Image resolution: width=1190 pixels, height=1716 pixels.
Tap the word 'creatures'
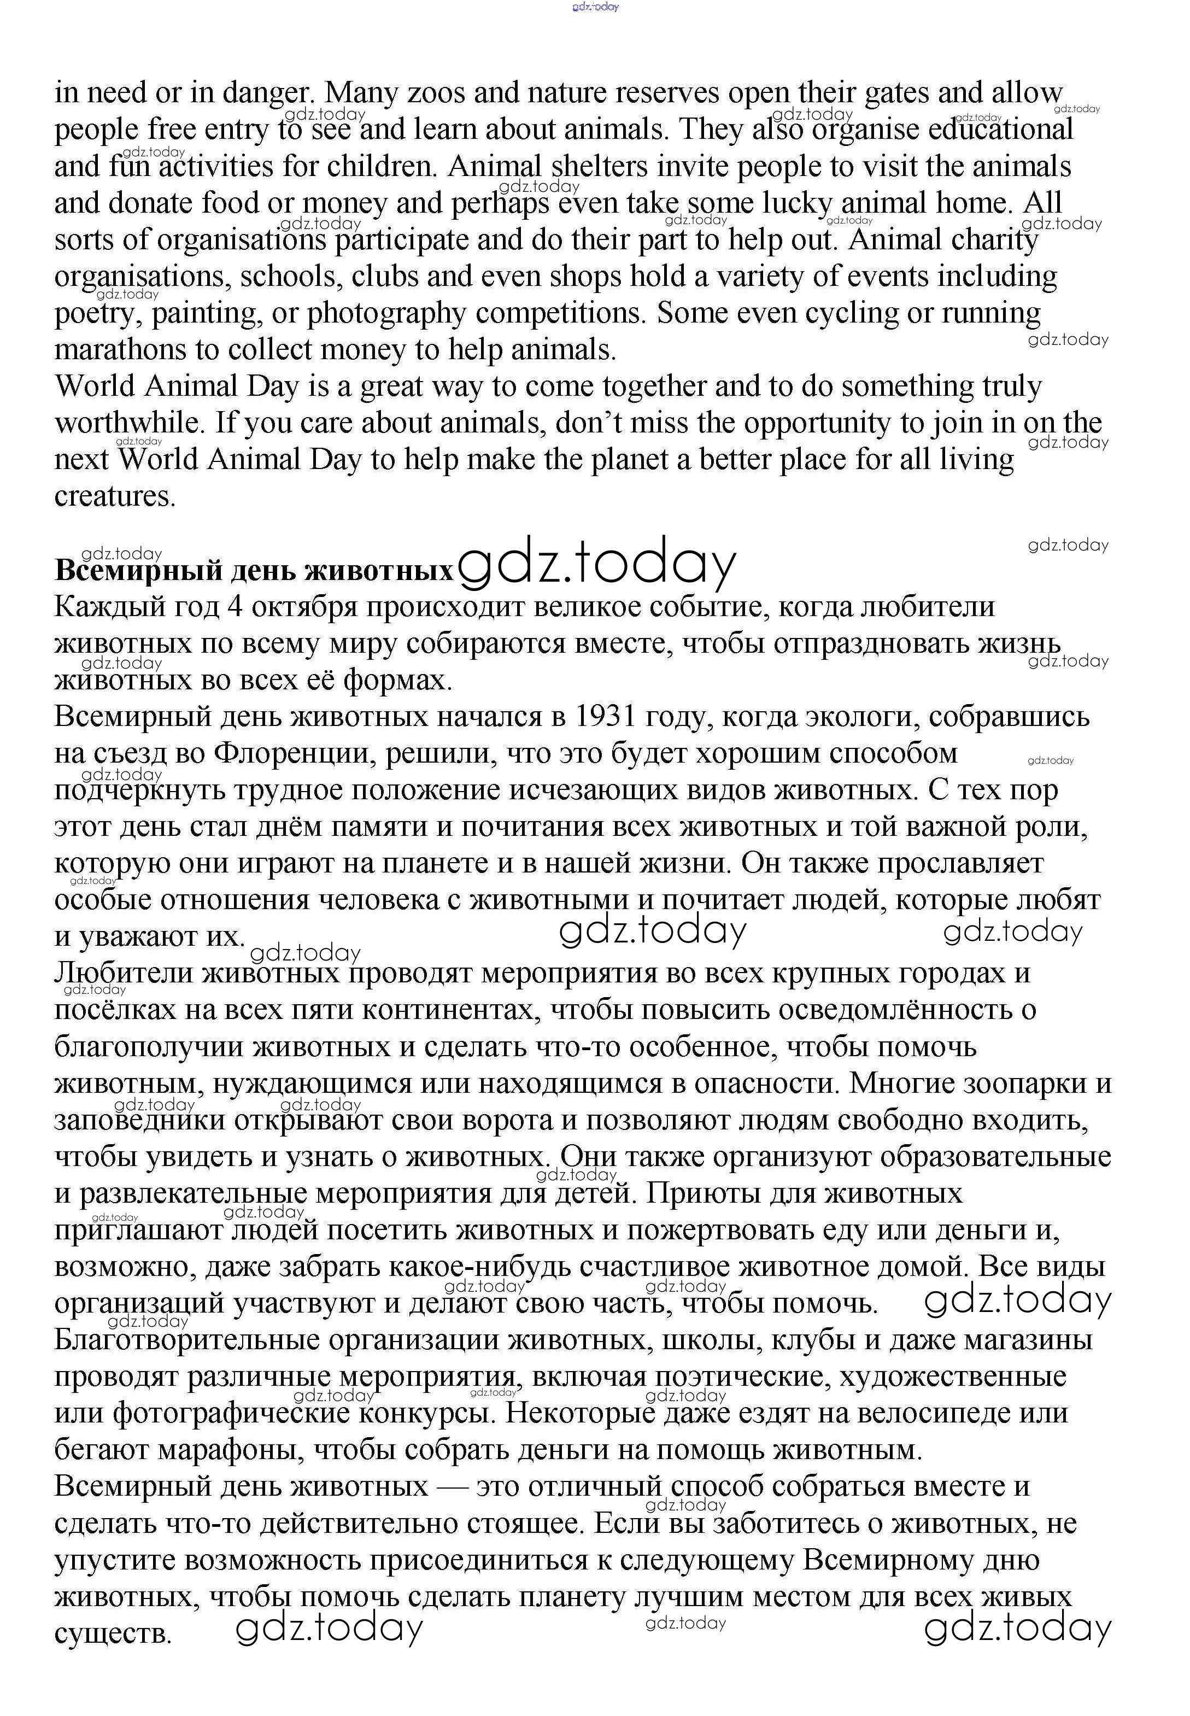click(115, 497)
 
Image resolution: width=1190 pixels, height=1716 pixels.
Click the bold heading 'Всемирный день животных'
click(254, 571)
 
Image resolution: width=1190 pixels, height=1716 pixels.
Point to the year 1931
click(606, 717)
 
